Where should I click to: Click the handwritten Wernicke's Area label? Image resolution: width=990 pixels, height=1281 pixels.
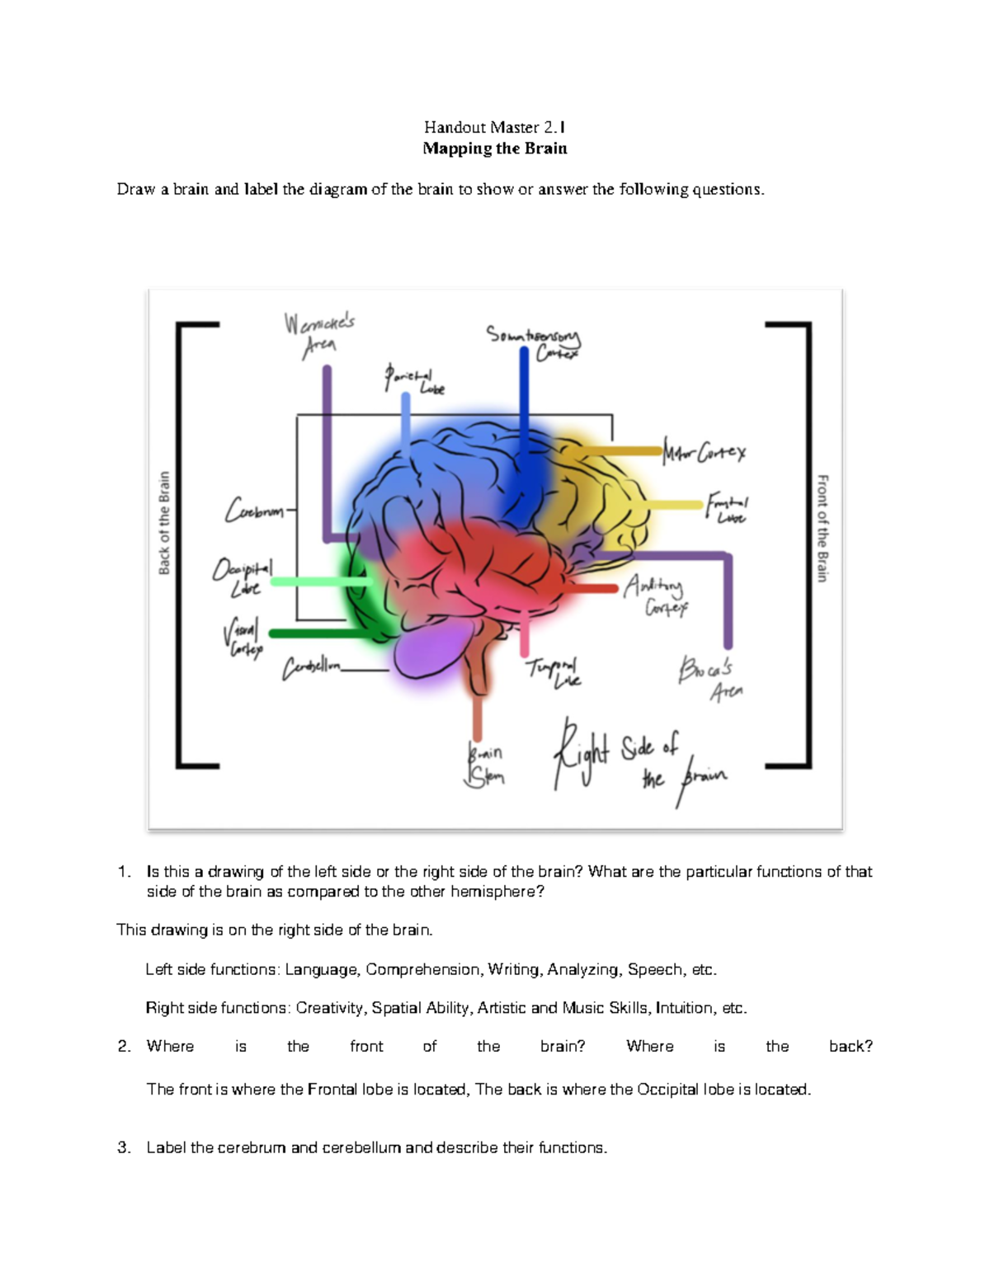point(319,334)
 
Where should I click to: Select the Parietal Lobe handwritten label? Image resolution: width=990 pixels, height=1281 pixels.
point(413,379)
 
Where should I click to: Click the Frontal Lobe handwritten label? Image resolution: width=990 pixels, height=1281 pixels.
point(727,509)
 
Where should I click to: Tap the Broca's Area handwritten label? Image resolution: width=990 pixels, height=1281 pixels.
point(709,678)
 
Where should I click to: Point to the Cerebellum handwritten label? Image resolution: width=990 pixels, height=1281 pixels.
point(311,668)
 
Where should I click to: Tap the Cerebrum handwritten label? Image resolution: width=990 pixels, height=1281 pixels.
point(254,510)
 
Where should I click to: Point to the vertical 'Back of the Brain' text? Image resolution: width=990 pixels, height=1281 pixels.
point(164,523)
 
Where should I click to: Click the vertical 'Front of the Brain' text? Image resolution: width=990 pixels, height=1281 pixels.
point(822,528)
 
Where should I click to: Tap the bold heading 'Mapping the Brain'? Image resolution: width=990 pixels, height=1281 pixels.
point(494,148)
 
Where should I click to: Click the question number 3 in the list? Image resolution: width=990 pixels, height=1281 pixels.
point(124,1147)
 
